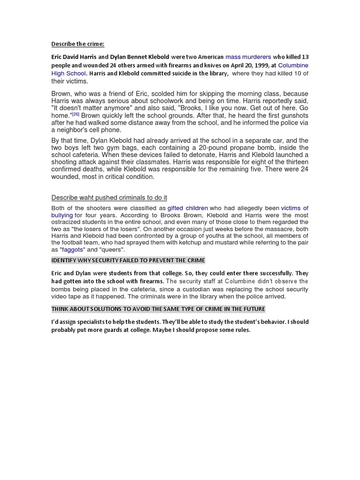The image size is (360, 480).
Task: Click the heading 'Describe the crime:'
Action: point(78,45)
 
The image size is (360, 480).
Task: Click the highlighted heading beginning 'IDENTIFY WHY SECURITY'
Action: point(128,261)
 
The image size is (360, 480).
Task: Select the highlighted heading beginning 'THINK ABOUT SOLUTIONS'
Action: point(158,309)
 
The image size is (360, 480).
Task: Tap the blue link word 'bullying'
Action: point(62,215)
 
